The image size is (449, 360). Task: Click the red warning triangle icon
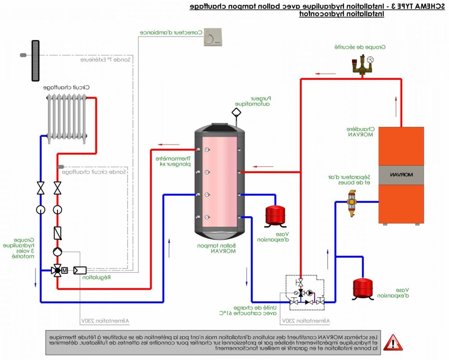393,342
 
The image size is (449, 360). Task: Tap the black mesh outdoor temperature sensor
36,61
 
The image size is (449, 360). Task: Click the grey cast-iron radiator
67,117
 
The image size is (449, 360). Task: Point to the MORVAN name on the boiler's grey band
401,175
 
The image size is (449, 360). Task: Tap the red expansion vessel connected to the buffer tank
275,215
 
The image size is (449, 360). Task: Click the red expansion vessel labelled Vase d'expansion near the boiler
363,288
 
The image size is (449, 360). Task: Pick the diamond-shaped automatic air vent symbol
236,112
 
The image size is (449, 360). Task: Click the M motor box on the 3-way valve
64,271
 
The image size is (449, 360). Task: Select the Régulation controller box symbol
80,270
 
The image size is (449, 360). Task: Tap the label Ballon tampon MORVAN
216,248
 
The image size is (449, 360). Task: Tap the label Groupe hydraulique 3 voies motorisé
19,247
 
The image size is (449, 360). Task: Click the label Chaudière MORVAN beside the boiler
360,132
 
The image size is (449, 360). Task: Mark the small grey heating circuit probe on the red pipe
60,167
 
